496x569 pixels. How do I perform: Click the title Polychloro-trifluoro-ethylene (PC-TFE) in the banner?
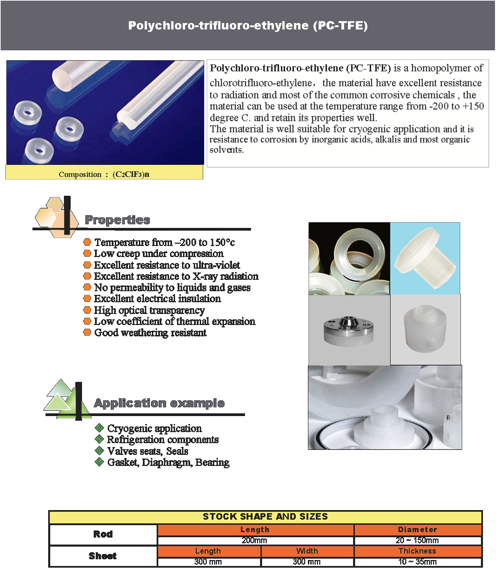click(248, 26)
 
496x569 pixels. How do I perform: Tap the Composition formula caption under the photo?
click(104, 174)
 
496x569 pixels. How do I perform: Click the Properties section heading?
click(117, 220)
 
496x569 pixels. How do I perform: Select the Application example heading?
click(159, 403)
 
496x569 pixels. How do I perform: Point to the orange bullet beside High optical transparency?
click(87, 310)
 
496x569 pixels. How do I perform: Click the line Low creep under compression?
click(159, 254)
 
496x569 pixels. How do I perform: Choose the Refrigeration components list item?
click(163, 439)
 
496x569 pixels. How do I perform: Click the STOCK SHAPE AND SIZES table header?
click(265, 516)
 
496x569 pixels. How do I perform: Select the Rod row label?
click(103, 534)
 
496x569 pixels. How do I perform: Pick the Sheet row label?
click(103, 556)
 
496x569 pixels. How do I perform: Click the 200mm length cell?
click(254, 540)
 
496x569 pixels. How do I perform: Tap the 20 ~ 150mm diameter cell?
click(417, 540)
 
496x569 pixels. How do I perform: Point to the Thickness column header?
click(417, 551)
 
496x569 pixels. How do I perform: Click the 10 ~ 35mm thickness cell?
click(417, 562)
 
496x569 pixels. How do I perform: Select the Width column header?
click(307, 551)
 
